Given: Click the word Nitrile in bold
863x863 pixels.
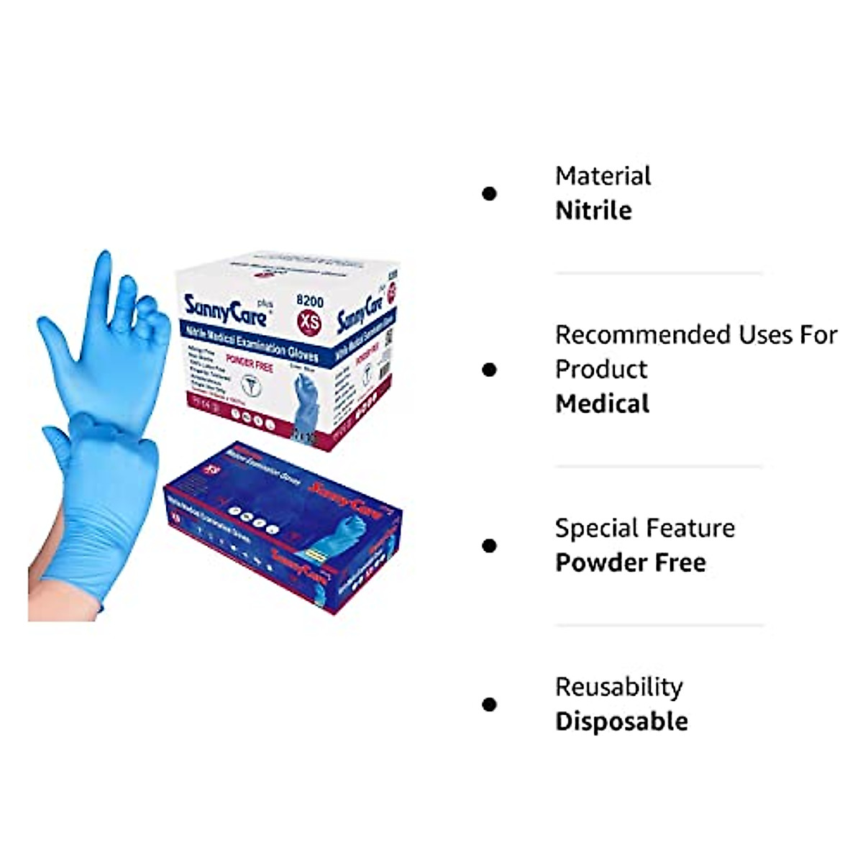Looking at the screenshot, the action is click(593, 211).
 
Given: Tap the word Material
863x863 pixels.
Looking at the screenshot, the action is click(603, 176).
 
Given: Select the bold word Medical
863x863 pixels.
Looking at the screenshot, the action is click(602, 404).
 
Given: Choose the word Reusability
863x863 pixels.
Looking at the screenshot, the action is click(618, 688).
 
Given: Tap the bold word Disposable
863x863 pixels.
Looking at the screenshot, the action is click(621, 721).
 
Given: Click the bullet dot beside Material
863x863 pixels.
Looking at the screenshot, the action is click(490, 193).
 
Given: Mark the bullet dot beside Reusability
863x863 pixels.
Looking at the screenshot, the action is click(490, 704).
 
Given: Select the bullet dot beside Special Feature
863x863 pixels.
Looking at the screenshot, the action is click(490, 546).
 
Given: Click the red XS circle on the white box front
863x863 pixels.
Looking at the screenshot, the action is click(310, 323).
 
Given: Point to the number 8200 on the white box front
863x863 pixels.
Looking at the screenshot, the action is click(310, 301).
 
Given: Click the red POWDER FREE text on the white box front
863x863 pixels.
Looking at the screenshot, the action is click(250, 363).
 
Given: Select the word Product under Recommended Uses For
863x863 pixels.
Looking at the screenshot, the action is click(601, 370).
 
